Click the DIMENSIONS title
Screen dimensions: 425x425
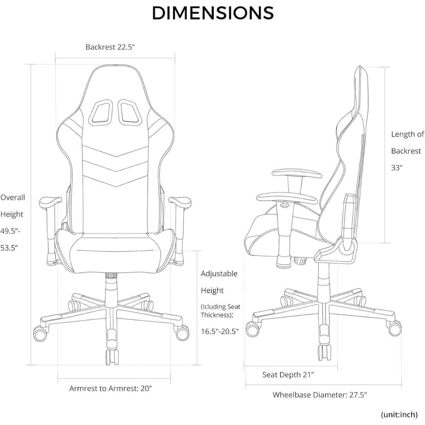(x=213, y=13)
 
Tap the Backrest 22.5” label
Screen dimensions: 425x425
(x=110, y=47)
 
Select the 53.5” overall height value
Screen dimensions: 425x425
(x=9, y=248)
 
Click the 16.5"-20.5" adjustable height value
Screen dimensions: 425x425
(x=220, y=331)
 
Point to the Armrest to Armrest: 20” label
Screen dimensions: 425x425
(x=110, y=389)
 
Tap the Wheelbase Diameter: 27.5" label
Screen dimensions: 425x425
(x=319, y=395)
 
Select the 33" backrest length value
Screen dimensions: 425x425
(x=397, y=168)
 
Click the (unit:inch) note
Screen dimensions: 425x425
(x=399, y=415)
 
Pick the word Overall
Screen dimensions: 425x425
(x=12, y=197)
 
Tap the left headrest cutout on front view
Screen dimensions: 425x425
(x=101, y=113)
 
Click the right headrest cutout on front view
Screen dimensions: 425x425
(x=130, y=113)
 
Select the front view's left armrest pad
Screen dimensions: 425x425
(x=50, y=202)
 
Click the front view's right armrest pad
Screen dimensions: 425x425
(x=180, y=202)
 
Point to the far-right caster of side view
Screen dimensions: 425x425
(x=394, y=329)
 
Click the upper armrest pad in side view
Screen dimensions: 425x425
(x=297, y=173)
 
